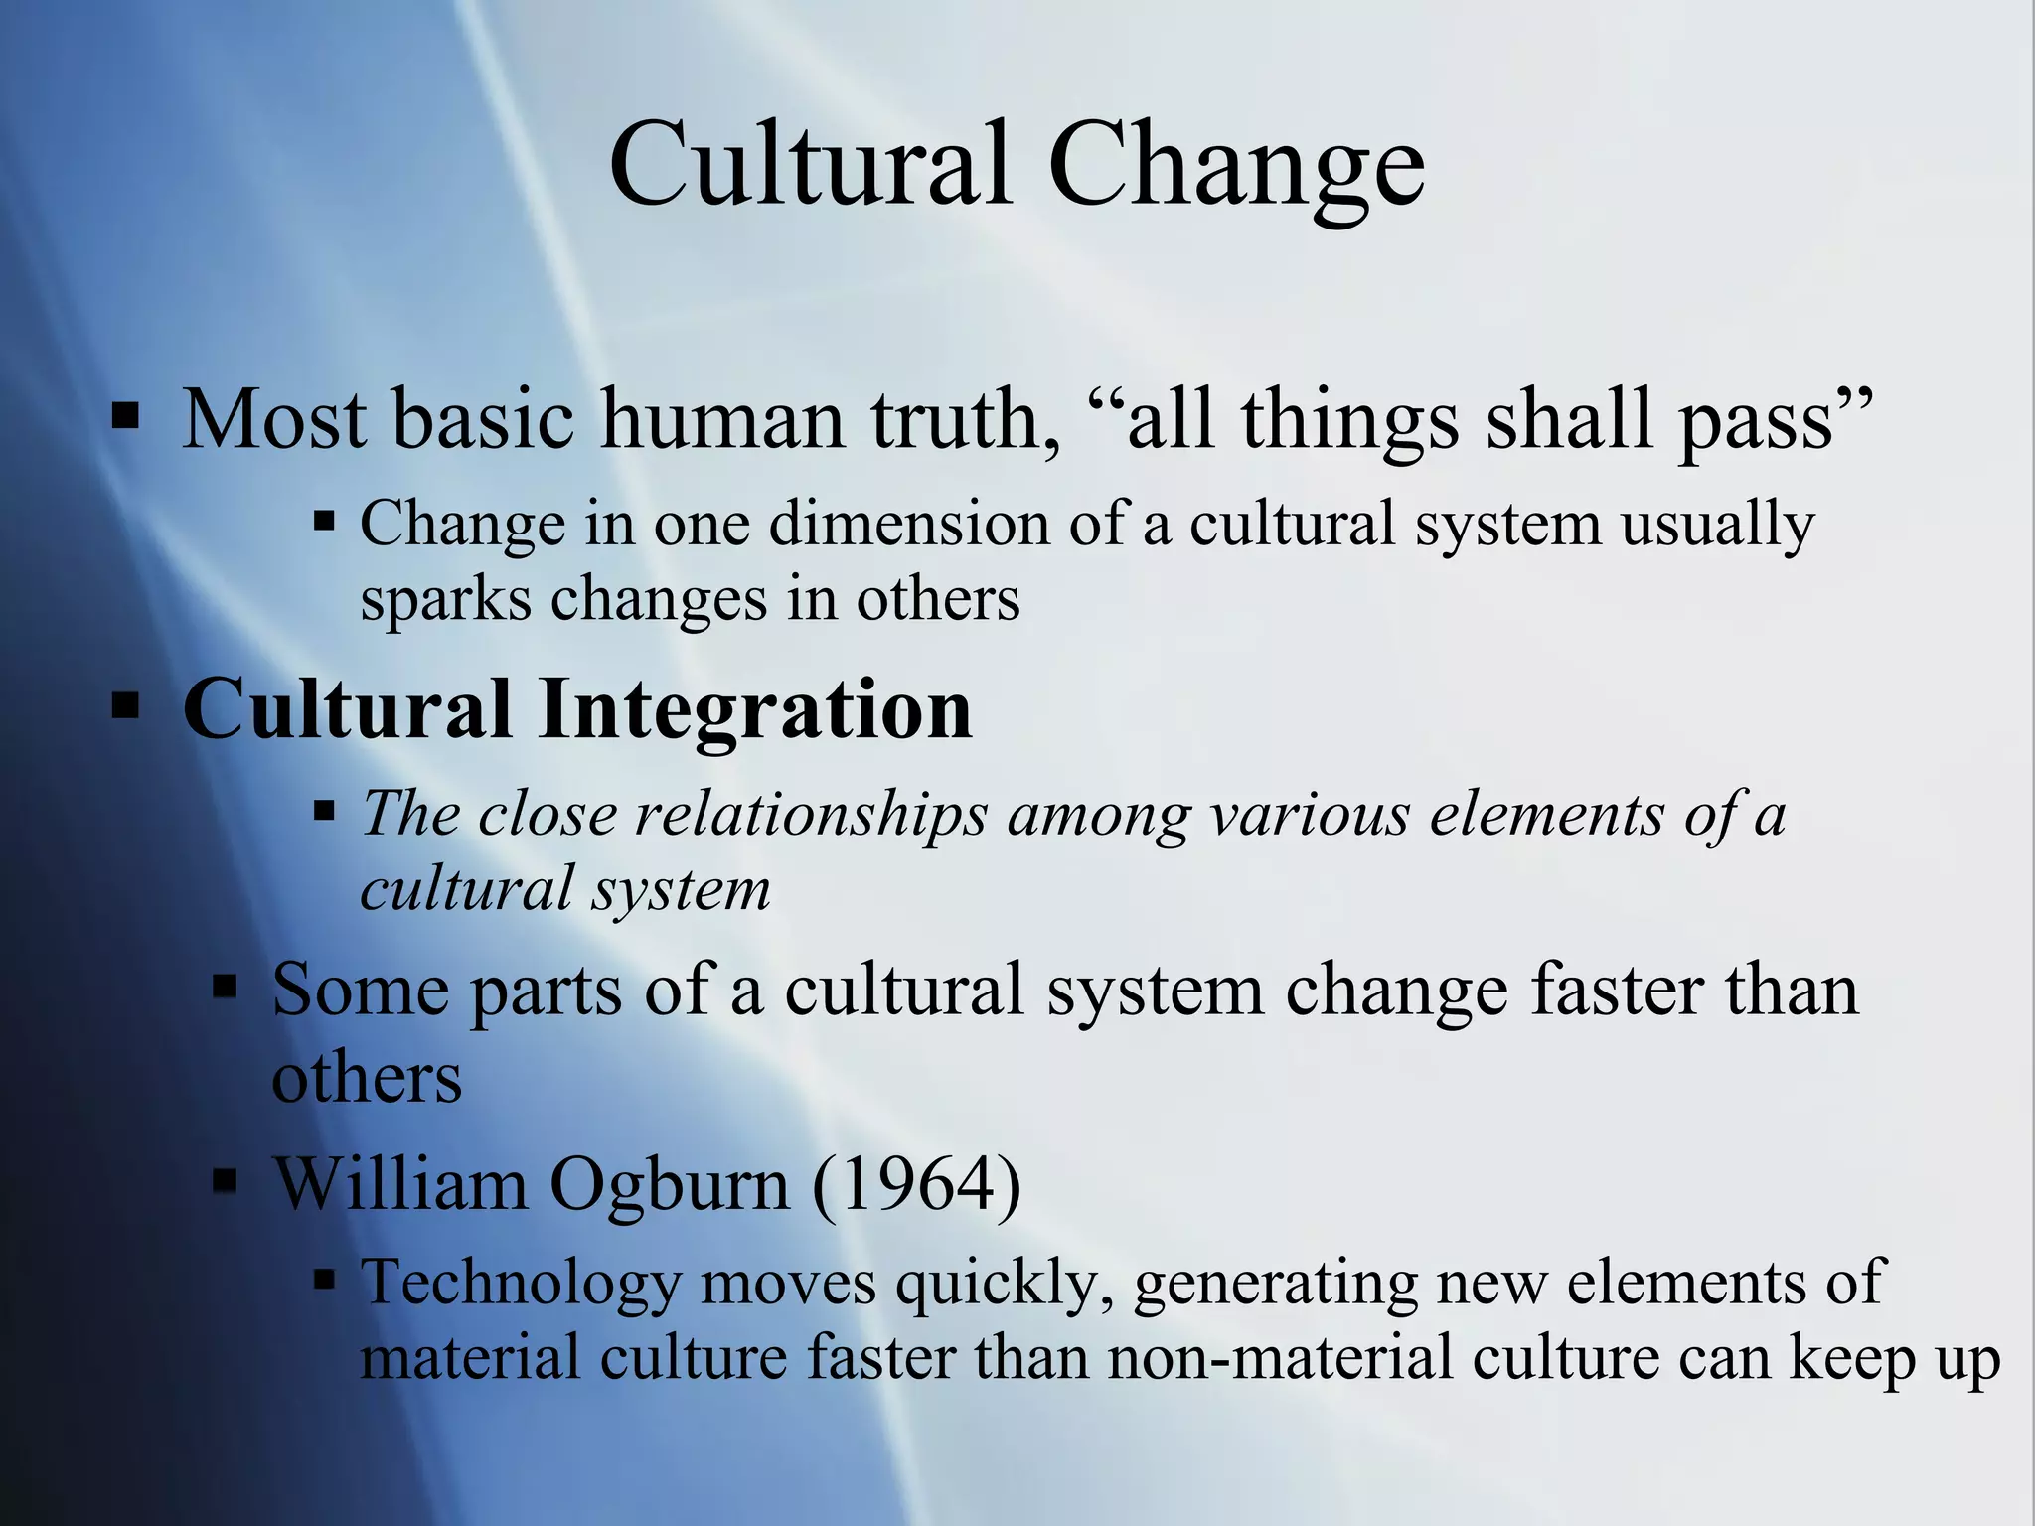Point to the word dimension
click(908, 524)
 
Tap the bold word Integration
click(755, 709)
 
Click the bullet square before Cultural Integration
click(126, 707)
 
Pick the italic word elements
click(1546, 815)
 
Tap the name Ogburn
click(669, 1184)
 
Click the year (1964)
click(916, 1184)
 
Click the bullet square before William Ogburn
click(227, 1182)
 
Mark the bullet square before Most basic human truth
click(126, 417)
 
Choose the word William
click(400, 1184)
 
